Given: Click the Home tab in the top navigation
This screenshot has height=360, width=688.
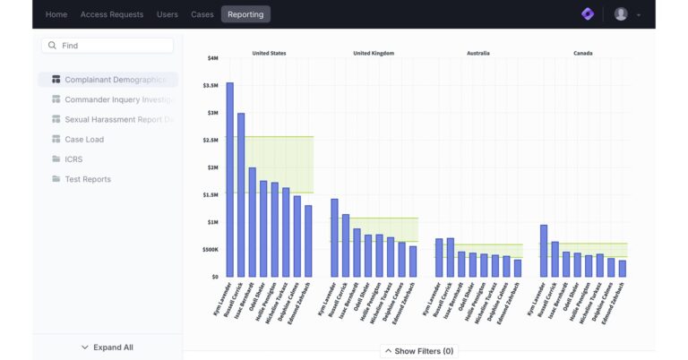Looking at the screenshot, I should tap(56, 14).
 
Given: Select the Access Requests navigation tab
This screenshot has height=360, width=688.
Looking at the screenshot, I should tap(111, 14).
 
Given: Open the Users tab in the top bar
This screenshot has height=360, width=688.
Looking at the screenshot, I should tap(167, 14).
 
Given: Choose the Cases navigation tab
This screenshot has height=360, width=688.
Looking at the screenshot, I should tap(202, 14).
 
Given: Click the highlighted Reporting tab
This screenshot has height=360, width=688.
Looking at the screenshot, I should tap(245, 14).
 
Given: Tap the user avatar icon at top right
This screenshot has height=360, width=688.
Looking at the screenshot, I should tap(621, 14).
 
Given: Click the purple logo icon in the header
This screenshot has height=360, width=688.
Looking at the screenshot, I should tap(588, 14).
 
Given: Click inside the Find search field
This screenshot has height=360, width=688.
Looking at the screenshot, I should tap(112, 45).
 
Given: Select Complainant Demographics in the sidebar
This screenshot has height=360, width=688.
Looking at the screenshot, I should tap(115, 80).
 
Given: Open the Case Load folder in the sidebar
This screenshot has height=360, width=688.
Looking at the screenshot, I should tap(84, 140).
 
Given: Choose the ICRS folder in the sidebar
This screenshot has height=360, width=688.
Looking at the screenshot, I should tap(73, 159).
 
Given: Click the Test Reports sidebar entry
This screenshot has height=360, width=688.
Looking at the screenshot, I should tap(88, 179).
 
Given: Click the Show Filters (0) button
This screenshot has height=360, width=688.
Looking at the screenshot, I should tap(418, 351).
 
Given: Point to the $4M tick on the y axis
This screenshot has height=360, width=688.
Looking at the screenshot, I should tap(212, 58).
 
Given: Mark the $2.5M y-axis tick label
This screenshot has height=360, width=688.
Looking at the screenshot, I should tap(210, 141).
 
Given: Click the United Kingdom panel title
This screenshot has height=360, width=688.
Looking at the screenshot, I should tap(374, 53).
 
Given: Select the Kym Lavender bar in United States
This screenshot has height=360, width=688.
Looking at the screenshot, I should tap(229, 179).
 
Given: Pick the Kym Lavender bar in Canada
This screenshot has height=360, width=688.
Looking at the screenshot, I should tap(543, 251).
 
